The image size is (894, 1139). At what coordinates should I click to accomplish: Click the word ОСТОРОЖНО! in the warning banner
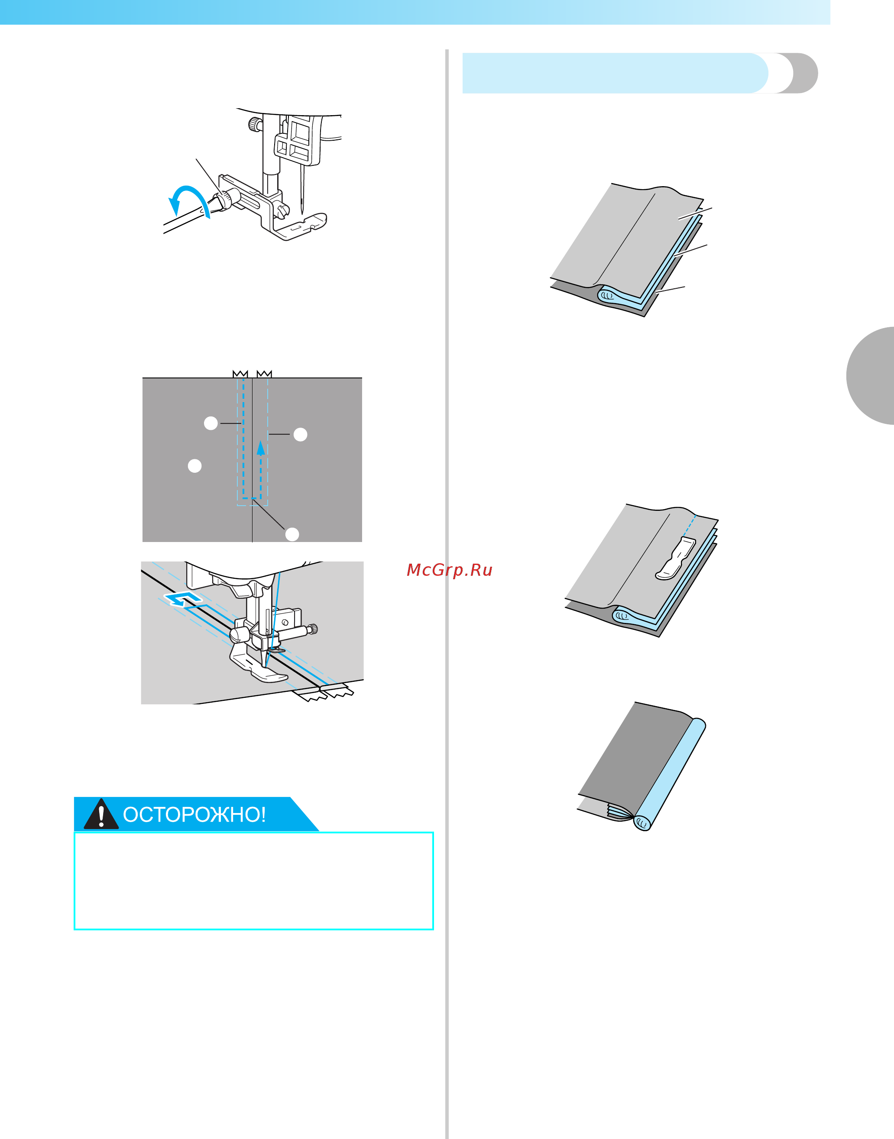pos(194,815)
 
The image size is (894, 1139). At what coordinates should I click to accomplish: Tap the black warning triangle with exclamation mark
pos(101,815)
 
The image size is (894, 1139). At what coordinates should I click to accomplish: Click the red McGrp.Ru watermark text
pos(449,570)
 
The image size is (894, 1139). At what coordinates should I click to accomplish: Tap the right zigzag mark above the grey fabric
pos(264,374)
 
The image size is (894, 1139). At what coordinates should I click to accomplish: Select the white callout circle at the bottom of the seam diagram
pos(292,534)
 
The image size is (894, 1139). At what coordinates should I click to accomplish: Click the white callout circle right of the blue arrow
pos(300,434)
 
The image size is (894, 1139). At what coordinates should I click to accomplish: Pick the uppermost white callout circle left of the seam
pos(211,423)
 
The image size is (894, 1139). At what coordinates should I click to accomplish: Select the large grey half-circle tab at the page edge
pos(871,375)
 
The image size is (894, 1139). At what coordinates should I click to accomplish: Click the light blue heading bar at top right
pos(612,73)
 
